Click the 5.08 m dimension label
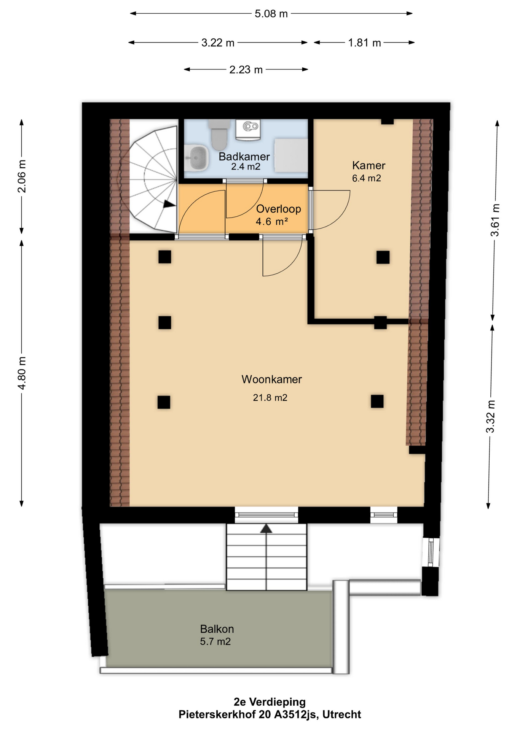pyautogui.click(x=271, y=14)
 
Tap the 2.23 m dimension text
pyautogui.click(x=246, y=70)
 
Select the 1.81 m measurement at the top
pyautogui.click(x=364, y=43)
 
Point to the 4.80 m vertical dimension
pyautogui.click(x=22, y=373)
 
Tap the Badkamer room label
pyautogui.click(x=244, y=156)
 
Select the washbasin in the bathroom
pyautogui.click(x=197, y=158)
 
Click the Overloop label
pyautogui.click(x=278, y=209)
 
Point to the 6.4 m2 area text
pyautogui.click(x=366, y=178)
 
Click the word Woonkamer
pyautogui.click(x=271, y=379)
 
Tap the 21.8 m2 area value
pyautogui.click(x=270, y=398)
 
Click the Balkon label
pyautogui.click(x=217, y=628)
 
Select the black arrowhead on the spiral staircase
pyautogui.click(x=169, y=204)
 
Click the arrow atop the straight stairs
pyautogui.click(x=266, y=528)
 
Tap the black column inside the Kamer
pyautogui.click(x=383, y=257)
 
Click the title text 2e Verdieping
pyautogui.click(x=270, y=702)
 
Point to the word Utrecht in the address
pyautogui.click(x=341, y=715)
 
